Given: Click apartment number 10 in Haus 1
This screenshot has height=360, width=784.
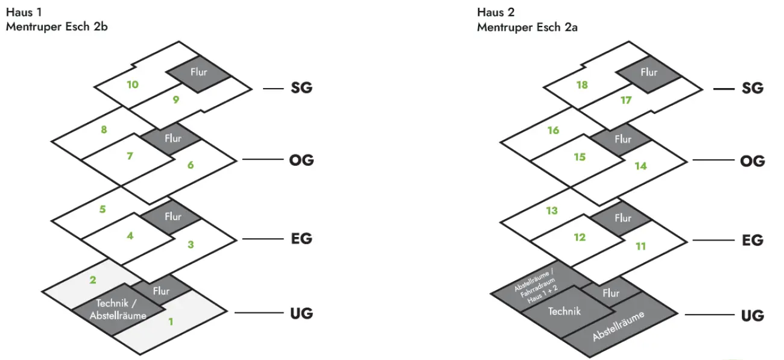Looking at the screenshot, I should pos(133,84).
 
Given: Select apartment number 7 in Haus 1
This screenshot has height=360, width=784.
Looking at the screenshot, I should pos(130,156).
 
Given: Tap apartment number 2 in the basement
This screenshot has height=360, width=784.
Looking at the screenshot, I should pos(93,280).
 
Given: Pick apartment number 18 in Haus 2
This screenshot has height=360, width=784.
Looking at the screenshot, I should pos(582,85).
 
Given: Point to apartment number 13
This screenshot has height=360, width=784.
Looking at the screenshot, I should pos(552,211).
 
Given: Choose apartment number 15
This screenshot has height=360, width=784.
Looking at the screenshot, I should pos(580,157).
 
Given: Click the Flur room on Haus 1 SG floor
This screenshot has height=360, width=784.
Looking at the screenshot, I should pos(199,72).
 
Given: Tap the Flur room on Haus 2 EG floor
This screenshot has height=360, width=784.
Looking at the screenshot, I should pos(623,218).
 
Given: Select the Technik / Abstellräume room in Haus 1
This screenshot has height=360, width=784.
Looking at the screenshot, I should pos(118,309).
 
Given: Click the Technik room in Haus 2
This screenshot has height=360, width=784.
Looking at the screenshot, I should pos(564,311).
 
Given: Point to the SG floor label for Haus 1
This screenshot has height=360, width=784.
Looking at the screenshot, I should pos(301,88).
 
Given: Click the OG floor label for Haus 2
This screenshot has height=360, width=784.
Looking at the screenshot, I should pos(752,161).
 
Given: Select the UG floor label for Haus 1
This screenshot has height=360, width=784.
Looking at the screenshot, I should pos(300,314).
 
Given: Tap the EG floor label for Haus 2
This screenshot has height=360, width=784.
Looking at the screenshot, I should pos(752,240).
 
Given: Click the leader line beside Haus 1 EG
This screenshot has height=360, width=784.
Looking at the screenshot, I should pos(262,239).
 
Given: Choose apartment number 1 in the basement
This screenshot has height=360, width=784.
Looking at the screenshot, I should pos(171,322).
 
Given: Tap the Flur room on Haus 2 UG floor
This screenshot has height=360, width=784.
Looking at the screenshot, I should pos(611,293).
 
